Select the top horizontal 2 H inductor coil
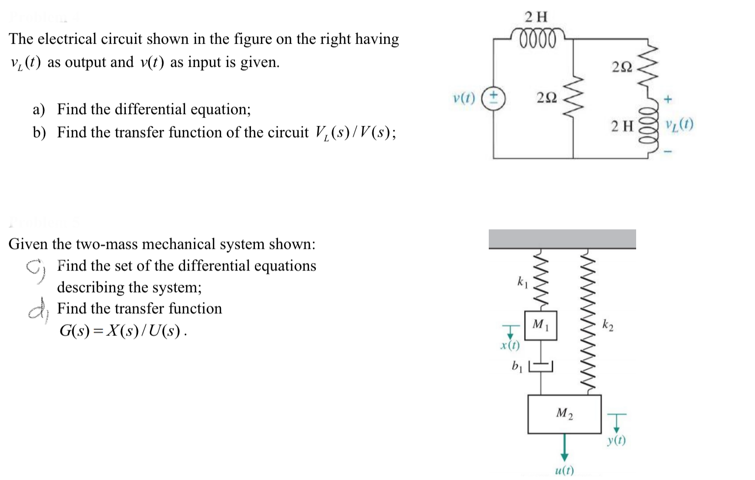[x=536, y=38]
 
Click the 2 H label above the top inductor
[x=535, y=17]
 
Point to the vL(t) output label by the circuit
[x=679, y=125]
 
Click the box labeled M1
[x=540, y=325]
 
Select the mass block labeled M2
[x=564, y=414]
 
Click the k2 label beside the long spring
[x=608, y=325]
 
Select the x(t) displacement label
[x=510, y=345]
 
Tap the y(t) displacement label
[x=616, y=440]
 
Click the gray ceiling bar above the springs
[x=562, y=239]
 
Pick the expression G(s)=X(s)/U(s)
[x=123, y=330]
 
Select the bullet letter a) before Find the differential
[x=39, y=109]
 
